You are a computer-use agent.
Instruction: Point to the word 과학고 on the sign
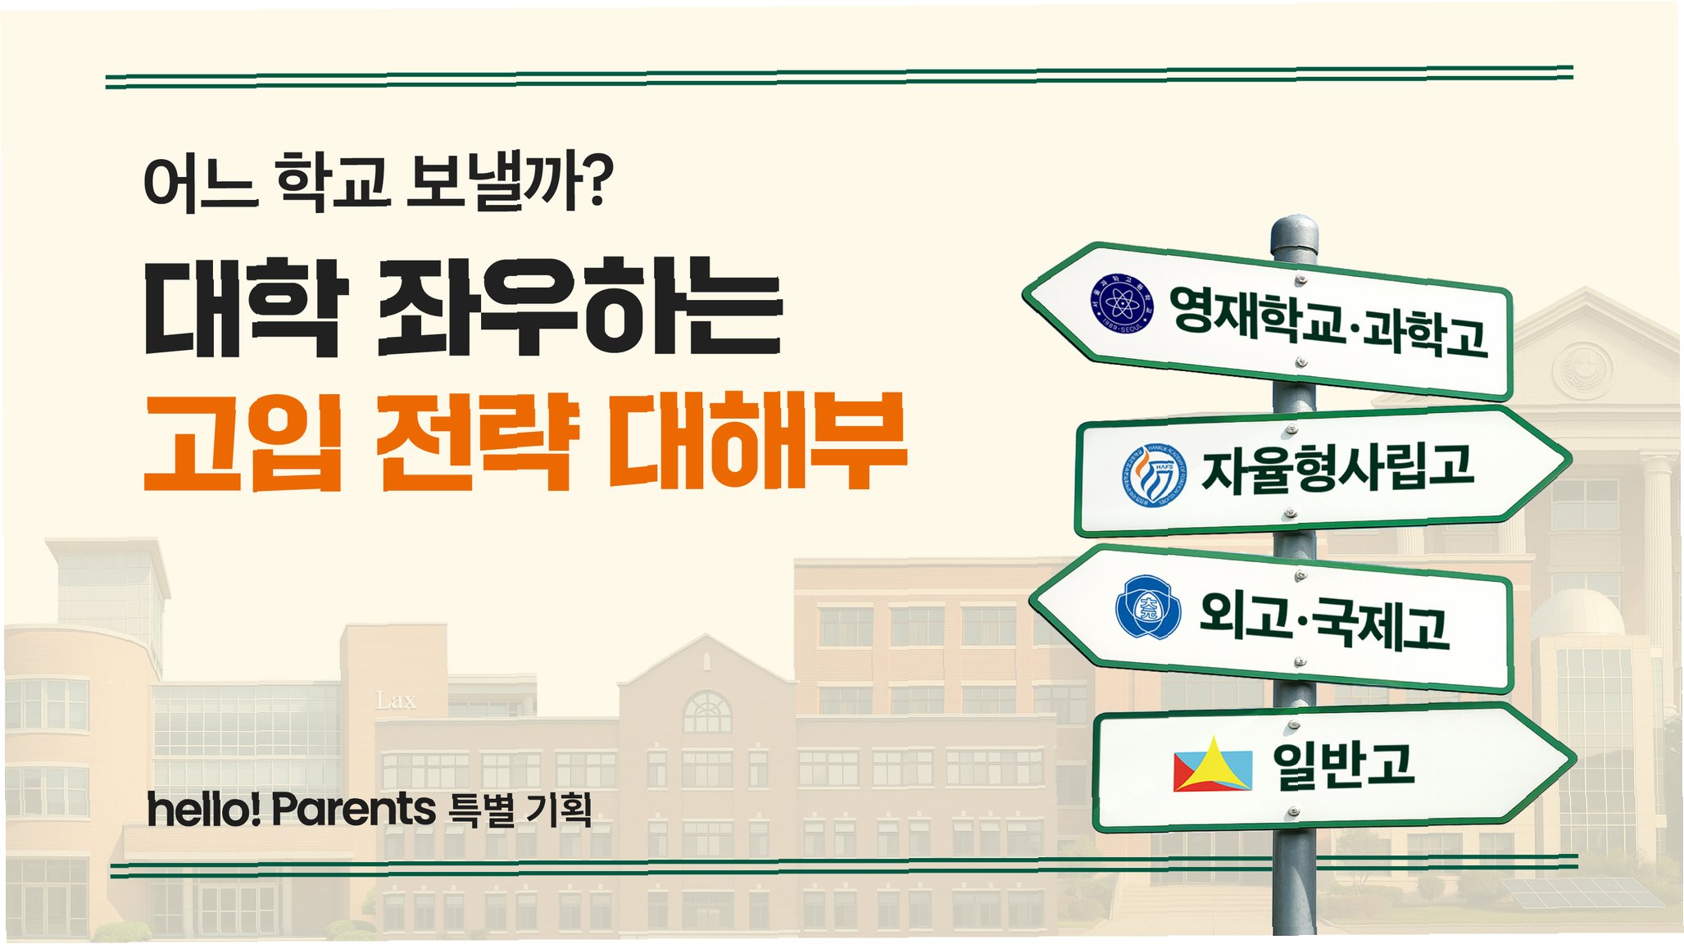coord(1426,331)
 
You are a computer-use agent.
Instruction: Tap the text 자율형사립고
coord(1337,470)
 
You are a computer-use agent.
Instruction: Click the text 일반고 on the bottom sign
coord(1343,765)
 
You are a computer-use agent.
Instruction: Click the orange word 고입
coord(243,442)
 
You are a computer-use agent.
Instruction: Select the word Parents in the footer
coord(353,809)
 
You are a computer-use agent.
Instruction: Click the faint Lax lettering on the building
coord(396,701)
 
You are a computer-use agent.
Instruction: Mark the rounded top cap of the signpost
coord(1294,233)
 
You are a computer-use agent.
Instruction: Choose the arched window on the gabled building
coord(706,711)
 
